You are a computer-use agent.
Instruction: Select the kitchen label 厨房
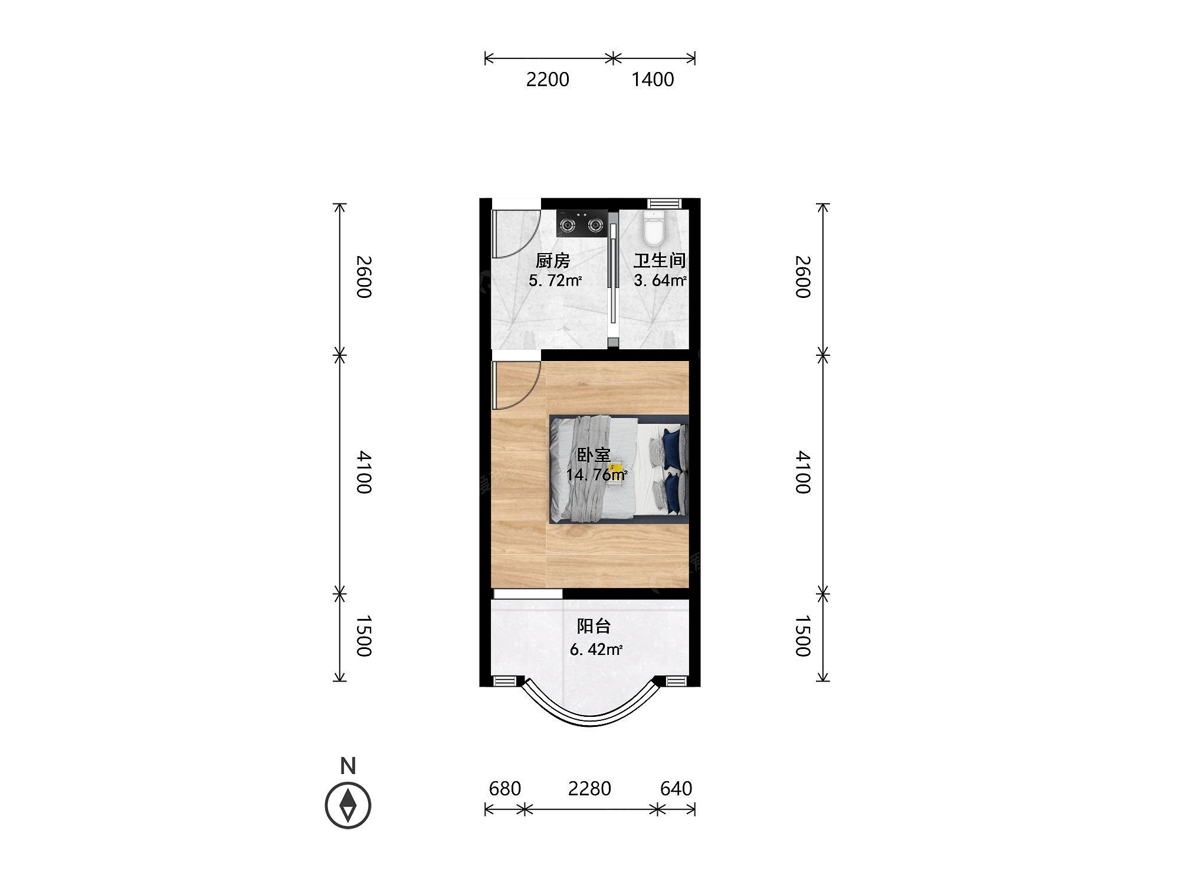(x=553, y=260)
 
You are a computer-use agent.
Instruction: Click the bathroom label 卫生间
(x=660, y=260)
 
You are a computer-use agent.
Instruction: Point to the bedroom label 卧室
(x=594, y=455)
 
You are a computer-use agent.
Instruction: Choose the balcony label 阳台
(x=594, y=626)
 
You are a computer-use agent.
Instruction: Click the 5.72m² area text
(x=555, y=280)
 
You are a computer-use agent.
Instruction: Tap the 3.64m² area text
(x=660, y=280)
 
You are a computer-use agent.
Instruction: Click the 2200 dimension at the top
(x=548, y=80)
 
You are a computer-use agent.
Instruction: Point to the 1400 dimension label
(x=653, y=80)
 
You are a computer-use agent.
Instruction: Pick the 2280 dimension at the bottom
(x=589, y=788)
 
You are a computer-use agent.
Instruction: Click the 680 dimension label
(x=505, y=788)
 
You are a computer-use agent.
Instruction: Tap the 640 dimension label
(x=676, y=788)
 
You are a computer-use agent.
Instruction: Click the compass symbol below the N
(x=348, y=805)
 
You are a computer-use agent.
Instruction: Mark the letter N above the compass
(x=348, y=766)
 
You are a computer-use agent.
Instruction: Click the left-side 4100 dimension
(x=363, y=472)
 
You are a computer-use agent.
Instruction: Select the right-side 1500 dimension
(x=802, y=636)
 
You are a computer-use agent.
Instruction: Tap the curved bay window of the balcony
(x=590, y=717)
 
